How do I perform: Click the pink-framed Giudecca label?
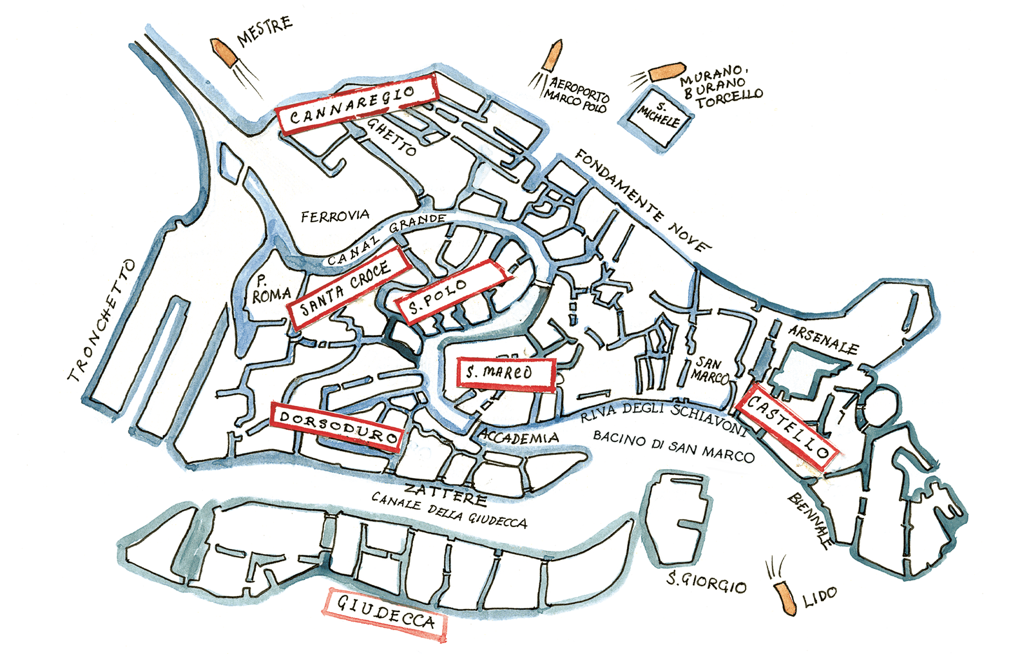point(386,614)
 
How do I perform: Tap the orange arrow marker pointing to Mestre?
point(222,53)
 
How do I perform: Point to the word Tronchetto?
point(103,321)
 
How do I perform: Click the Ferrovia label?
point(335,216)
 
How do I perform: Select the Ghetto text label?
point(391,136)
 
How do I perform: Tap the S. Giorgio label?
point(706,582)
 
